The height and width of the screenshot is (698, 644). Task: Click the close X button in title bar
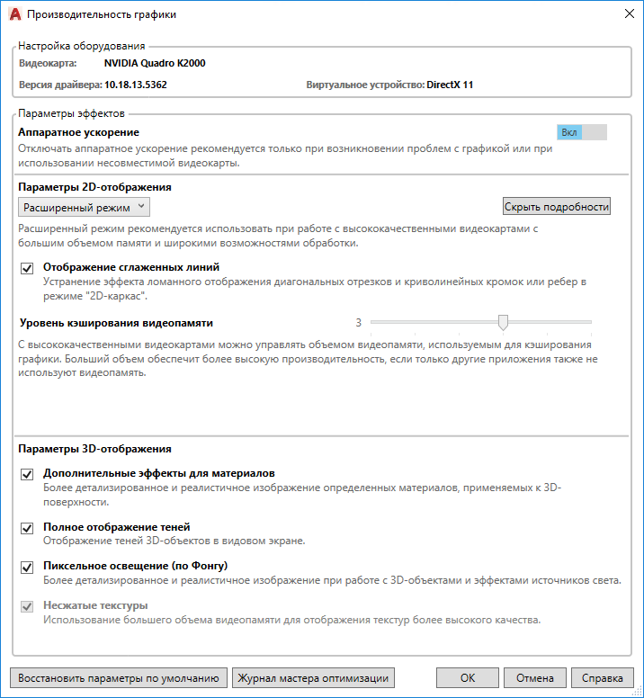tap(627, 13)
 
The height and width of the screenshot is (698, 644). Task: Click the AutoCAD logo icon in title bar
tap(13, 14)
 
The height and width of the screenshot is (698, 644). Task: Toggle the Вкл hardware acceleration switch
tap(582, 132)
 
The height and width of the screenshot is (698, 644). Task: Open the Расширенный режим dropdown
tap(86, 208)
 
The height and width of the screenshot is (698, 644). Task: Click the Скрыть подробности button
tap(557, 207)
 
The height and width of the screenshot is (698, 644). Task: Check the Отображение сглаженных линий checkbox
tap(26, 268)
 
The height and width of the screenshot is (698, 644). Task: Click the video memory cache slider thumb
tap(504, 322)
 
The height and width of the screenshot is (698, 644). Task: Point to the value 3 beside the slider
tap(358, 322)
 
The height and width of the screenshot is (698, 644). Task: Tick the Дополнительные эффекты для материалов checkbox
tap(26, 474)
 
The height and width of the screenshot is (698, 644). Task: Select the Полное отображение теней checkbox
tap(26, 528)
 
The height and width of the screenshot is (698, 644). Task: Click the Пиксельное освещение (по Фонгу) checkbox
tap(26, 567)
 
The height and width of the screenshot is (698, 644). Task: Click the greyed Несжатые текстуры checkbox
tap(26, 606)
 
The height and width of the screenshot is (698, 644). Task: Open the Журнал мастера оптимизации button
tap(313, 678)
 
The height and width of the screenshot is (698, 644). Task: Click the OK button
tap(467, 678)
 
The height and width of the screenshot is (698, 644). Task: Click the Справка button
tap(602, 678)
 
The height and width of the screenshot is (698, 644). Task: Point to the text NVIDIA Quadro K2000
tap(154, 64)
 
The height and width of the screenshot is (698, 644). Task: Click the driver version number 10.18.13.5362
tap(136, 85)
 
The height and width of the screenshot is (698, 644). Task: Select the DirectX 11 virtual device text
tap(450, 85)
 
